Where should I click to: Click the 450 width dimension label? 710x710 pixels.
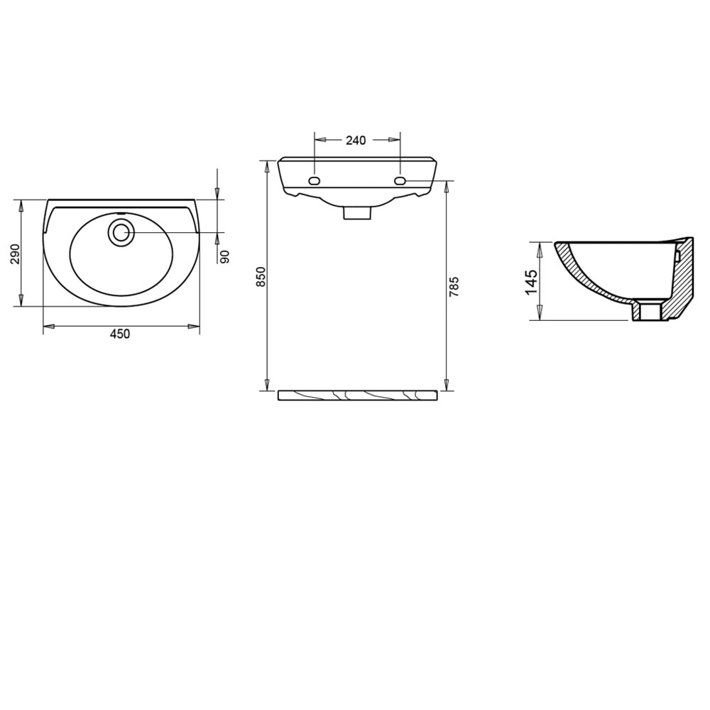pos(120,334)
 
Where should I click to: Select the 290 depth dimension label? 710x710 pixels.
pos(15,253)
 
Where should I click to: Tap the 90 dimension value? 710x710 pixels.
pos(225,256)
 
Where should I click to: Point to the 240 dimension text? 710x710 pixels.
pos(356,141)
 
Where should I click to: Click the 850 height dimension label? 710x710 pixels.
pos(261,276)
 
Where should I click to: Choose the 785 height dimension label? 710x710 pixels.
pos(454,286)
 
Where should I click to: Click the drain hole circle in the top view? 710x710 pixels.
pos(121,232)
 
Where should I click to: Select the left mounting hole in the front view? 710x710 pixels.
pos(314,181)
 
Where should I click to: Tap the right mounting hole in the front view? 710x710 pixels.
pos(400,181)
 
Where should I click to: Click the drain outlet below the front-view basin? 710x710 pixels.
pos(358,212)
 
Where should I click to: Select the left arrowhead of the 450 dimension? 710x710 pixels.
pos(49,327)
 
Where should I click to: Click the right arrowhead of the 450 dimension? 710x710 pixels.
pos(194,327)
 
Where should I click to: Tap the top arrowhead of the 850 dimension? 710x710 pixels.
pos(267,167)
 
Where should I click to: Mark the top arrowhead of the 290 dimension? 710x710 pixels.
pos(21,206)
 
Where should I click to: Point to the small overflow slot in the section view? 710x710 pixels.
pos(678,254)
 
